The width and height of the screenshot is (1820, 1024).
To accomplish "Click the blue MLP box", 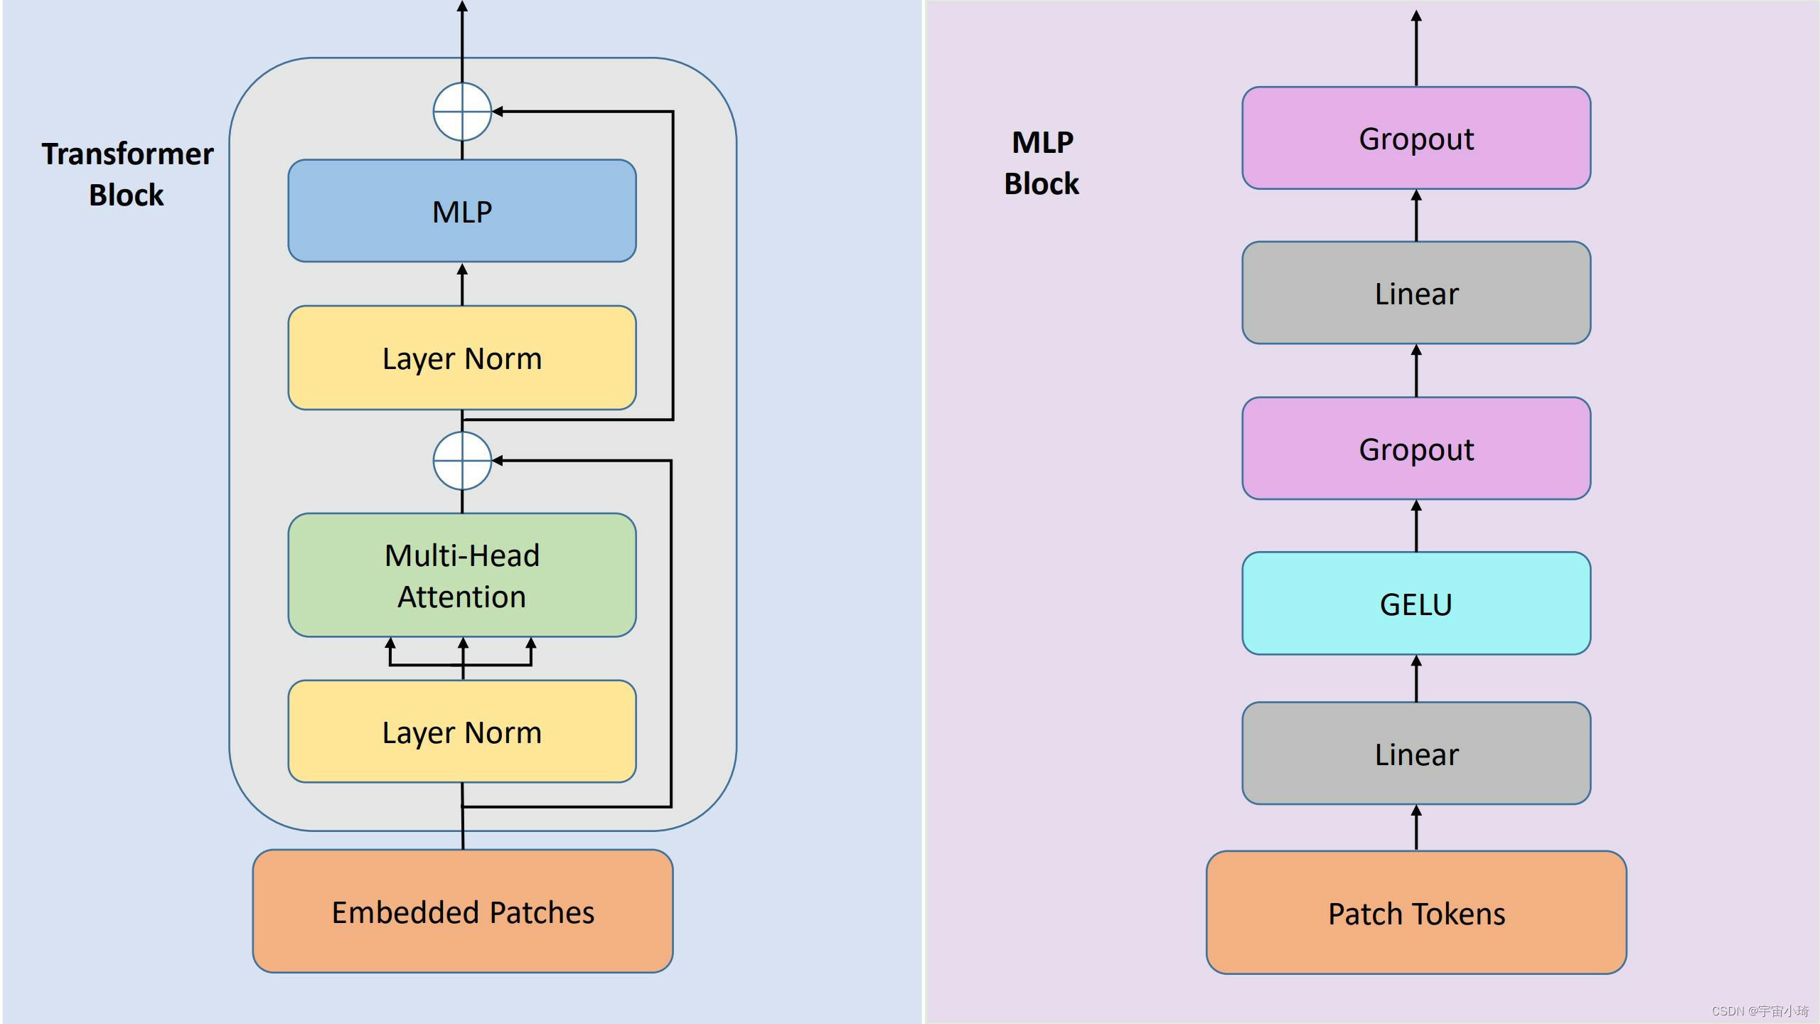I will point(462,211).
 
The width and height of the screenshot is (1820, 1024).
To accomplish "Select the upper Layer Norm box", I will point(462,358).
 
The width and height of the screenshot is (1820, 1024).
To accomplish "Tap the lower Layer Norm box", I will point(462,732).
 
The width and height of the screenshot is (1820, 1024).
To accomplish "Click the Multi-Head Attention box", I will point(462,575).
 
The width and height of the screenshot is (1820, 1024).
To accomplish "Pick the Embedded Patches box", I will point(463,912).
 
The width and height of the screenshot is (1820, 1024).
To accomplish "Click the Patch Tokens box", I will point(1416,913).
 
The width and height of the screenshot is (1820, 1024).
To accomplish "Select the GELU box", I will point(1416,604).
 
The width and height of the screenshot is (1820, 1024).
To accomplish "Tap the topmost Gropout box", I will point(1416,139).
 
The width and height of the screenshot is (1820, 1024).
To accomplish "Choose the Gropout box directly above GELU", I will point(1416,449).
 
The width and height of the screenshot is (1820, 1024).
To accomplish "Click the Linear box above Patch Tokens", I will point(1416,754).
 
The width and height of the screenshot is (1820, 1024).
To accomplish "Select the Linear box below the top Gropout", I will point(1416,293).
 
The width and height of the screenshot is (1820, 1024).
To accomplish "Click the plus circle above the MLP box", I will point(462,112).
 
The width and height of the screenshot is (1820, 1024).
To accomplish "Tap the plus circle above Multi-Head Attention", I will point(462,461).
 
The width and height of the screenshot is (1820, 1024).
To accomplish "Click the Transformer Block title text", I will point(127,174).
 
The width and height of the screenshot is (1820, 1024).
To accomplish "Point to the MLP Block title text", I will point(1042,163).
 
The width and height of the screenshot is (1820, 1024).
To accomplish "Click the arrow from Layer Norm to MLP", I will point(462,284).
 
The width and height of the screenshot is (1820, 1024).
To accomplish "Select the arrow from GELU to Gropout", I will point(1416,526).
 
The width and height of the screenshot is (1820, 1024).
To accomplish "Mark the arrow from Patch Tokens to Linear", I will point(1416,828).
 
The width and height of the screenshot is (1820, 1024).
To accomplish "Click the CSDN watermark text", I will point(1760,1010).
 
